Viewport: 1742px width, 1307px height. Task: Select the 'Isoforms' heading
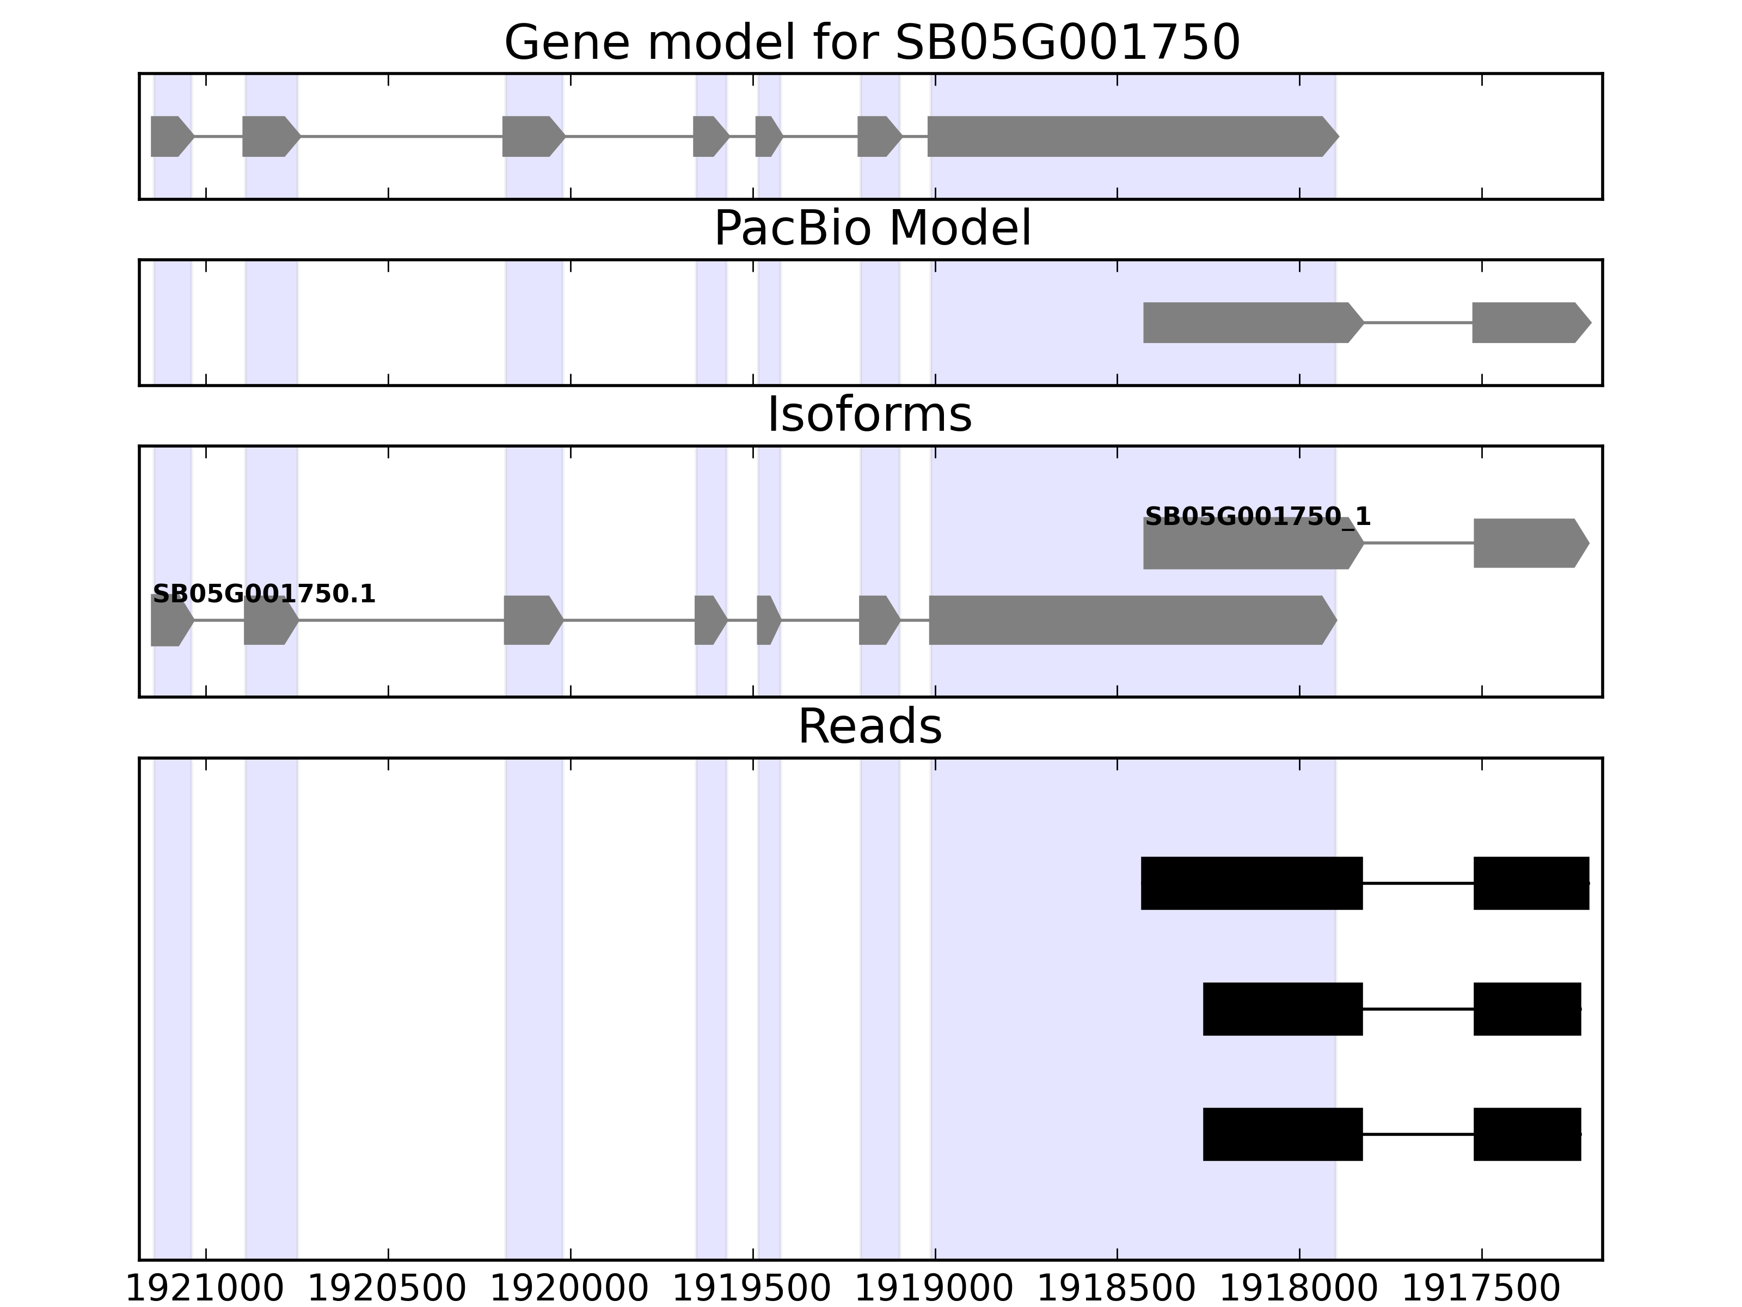[x=869, y=414]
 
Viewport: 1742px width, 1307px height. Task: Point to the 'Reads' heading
[x=869, y=726]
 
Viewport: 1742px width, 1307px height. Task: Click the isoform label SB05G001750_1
[x=1258, y=517]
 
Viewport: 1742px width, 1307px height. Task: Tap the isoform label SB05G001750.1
[x=264, y=594]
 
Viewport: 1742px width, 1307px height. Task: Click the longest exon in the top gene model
[x=1126, y=136]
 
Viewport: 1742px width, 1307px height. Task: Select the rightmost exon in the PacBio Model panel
[x=1528, y=322]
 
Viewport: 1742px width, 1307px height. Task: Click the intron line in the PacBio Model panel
[x=1418, y=322]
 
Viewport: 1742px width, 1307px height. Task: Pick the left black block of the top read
[x=1252, y=883]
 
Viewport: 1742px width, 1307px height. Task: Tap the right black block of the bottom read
[x=1527, y=1134]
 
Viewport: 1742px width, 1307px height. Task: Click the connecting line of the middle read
[x=1418, y=1009]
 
